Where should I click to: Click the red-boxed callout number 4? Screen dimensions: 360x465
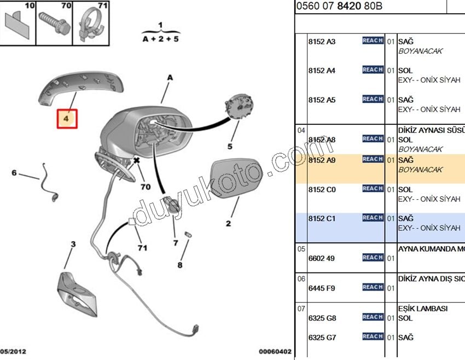coord(68,118)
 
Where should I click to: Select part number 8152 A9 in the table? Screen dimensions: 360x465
coord(322,160)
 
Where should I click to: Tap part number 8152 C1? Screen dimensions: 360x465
coord(322,219)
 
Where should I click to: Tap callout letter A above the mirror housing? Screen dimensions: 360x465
coord(170,78)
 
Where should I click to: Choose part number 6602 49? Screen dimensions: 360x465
coord(321,258)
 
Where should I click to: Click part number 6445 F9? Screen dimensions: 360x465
coord(321,288)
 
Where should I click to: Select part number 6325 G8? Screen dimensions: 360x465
coord(322,318)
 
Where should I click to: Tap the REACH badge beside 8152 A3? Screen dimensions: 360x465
coord(373,40)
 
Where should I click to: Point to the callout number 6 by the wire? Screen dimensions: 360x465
coord(14,173)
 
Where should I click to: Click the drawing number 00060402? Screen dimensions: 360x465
coord(275,352)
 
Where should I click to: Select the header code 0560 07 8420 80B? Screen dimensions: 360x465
coord(339,7)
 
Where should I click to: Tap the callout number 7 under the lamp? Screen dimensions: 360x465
coord(175,242)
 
